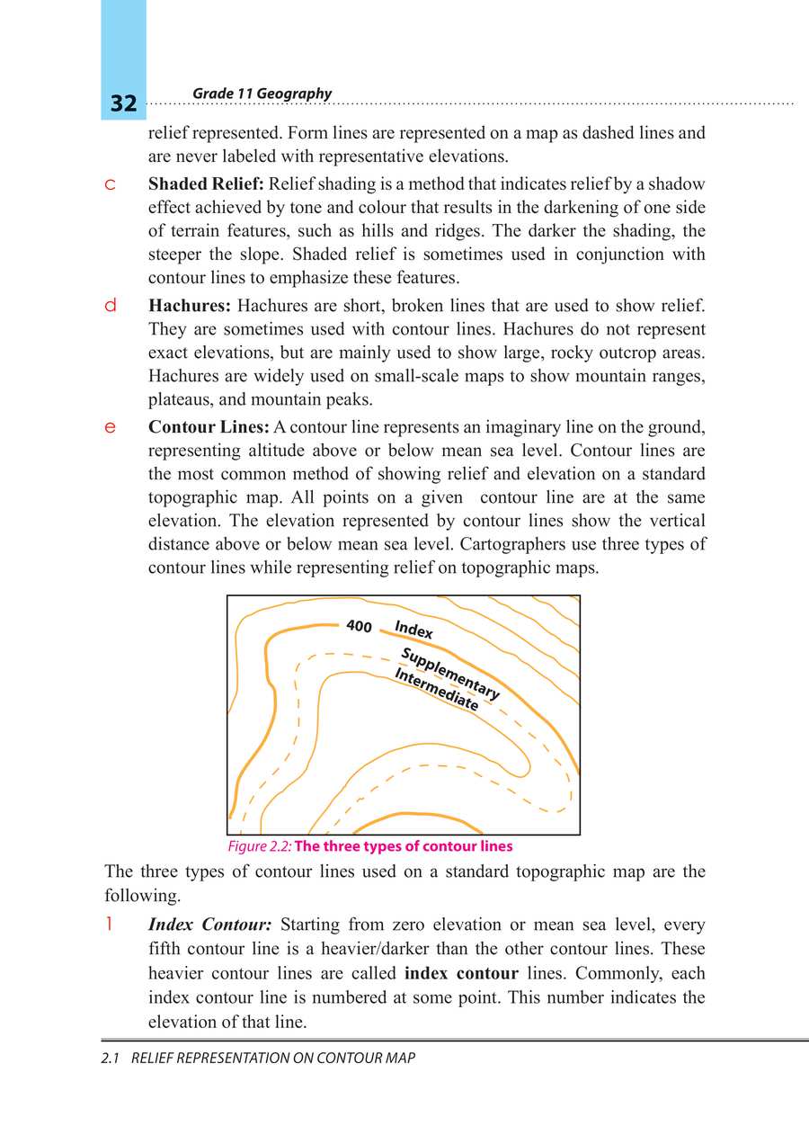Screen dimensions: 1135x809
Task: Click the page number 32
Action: pyautogui.click(x=123, y=103)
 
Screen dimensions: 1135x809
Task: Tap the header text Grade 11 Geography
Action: pyautogui.click(x=262, y=94)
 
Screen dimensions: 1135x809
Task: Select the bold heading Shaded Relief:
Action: pyautogui.click(x=206, y=184)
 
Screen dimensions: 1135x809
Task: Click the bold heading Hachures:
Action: pyautogui.click(x=190, y=306)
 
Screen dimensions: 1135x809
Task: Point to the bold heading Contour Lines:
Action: pyautogui.click(x=209, y=426)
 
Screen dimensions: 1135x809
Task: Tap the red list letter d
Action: pyautogui.click(x=110, y=306)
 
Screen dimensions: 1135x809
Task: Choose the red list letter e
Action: pyautogui.click(x=110, y=427)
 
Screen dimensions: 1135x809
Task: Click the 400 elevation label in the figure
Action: pyautogui.click(x=359, y=626)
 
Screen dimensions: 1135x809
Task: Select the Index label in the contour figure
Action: pyautogui.click(x=413, y=630)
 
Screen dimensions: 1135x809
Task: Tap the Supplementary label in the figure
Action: pyautogui.click(x=449, y=674)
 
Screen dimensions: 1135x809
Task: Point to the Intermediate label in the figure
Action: pyautogui.click(x=436, y=690)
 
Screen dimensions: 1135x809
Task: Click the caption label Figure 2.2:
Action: pyautogui.click(x=259, y=846)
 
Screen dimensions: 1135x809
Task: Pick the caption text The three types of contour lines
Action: pyautogui.click(x=404, y=846)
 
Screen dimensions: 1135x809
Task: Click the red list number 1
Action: pyautogui.click(x=109, y=924)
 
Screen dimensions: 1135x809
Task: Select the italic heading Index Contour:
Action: pyautogui.click(x=209, y=925)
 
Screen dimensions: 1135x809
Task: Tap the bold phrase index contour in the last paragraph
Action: pyautogui.click(x=461, y=973)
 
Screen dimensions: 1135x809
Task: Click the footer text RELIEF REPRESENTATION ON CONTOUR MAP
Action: pyautogui.click(x=273, y=1059)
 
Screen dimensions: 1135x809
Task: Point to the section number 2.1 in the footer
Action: pyautogui.click(x=111, y=1059)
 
